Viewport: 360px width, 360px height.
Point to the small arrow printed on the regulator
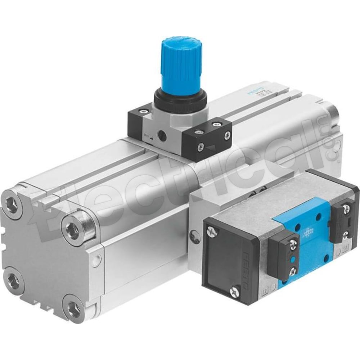click(152, 137)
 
